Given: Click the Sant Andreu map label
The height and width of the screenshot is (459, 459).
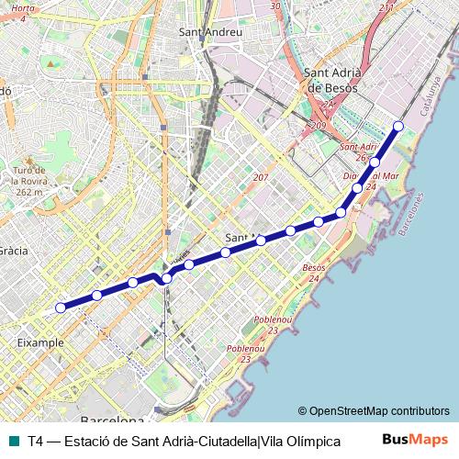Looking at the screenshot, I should click(211, 32).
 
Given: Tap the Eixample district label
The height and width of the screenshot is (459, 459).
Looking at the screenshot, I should click(40, 342).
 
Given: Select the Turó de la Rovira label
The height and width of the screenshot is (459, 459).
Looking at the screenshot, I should click(29, 182).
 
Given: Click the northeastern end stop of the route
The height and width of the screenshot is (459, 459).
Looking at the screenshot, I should click(398, 126).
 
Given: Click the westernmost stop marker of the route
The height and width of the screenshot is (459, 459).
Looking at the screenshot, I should click(61, 308).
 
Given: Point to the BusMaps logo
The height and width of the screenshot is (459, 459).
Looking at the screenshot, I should click(416, 440).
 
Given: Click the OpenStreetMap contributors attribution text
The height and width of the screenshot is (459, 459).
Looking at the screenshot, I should click(374, 411).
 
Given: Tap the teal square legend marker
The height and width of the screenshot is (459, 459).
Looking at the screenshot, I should click(13, 441).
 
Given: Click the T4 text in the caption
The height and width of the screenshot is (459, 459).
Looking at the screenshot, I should click(36, 441).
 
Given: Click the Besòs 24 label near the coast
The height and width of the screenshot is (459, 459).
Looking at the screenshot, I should click(314, 273).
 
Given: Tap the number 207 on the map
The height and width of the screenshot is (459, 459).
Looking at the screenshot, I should click(261, 177).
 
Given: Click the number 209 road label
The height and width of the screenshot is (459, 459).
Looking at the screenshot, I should click(319, 125).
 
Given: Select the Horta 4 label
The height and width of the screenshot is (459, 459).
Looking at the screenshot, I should click(24, 12).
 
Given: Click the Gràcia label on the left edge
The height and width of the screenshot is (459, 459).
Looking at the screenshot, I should click(13, 250).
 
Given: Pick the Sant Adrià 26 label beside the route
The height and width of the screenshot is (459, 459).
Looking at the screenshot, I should click(359, 151).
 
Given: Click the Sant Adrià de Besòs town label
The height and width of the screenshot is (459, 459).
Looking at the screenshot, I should click(334, 81).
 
